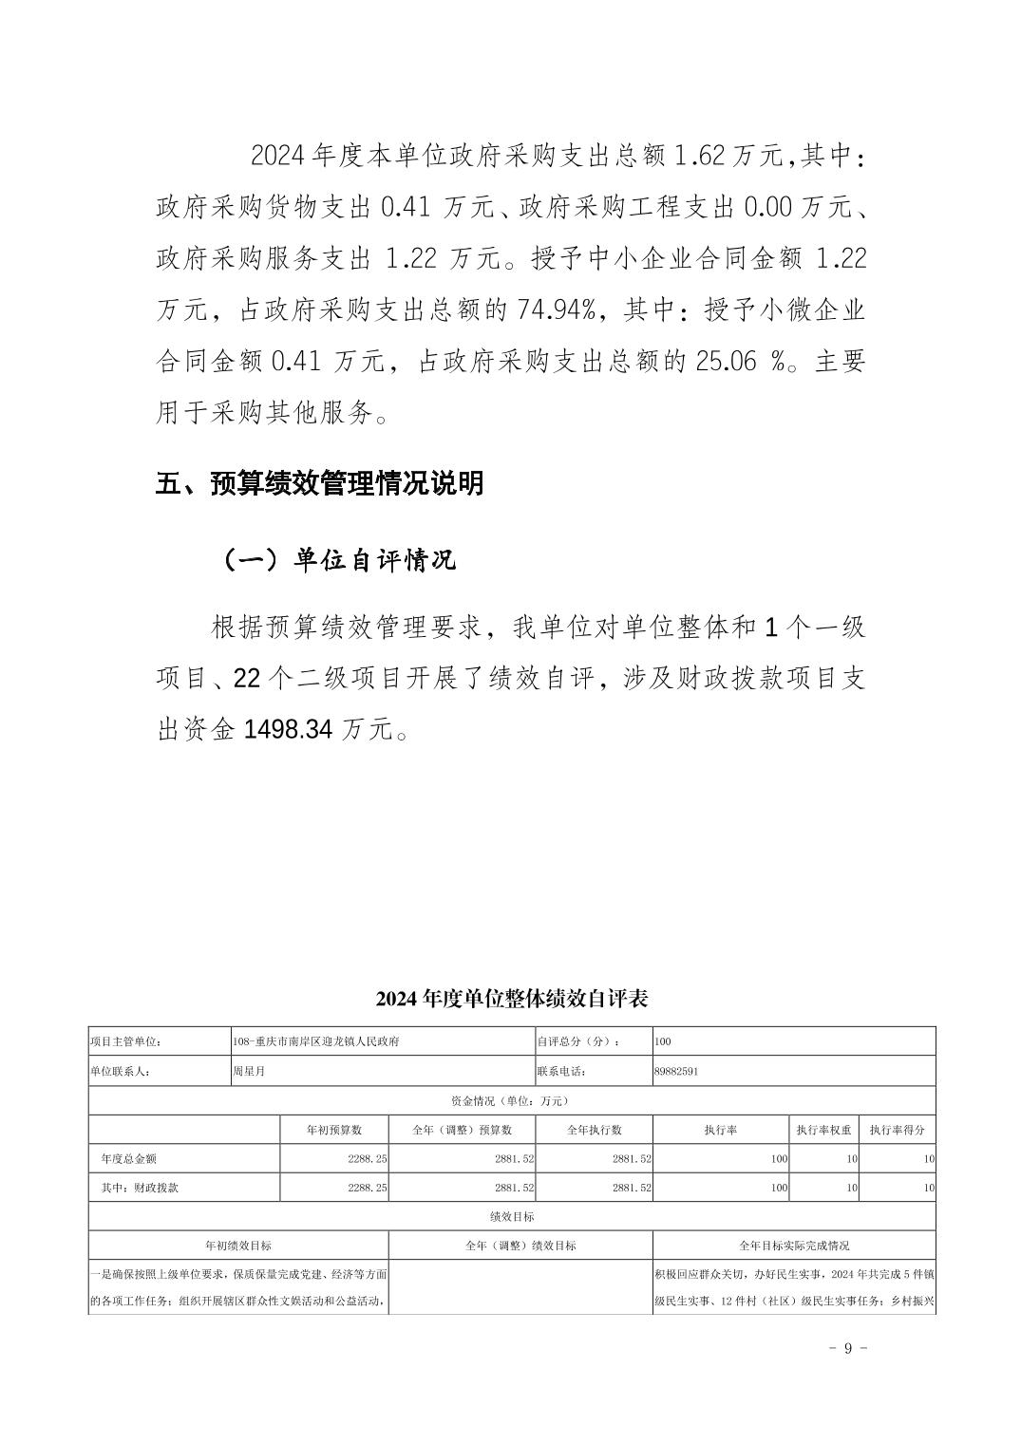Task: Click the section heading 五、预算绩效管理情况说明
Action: (320, 483)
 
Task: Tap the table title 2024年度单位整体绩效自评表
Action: (511, 999)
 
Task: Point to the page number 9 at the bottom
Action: (849, 1348)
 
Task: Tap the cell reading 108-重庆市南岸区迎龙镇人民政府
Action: (316, 1041)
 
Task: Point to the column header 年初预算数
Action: (333, 1130)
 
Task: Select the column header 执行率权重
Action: (823, 1130)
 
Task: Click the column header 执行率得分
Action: (897, 1130)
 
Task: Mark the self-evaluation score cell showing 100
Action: (663, 1041)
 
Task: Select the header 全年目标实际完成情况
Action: (794, 1245)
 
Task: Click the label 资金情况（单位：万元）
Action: (510, 1100)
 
